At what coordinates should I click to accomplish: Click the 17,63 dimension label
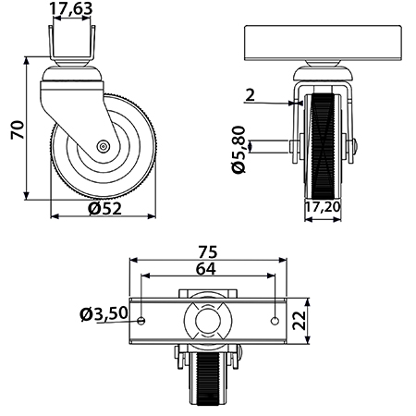click(x=71, y=8)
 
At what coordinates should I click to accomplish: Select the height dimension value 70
click(x=18, y=129)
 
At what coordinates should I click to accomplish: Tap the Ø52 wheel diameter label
click(x=104, y=209)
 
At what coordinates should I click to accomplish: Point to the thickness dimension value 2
click(x=251, y=95)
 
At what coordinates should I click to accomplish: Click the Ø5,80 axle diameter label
click(x=239, y=150)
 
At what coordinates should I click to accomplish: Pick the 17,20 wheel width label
click(x=323, y=207)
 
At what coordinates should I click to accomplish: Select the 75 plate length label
click(x=208, y=252)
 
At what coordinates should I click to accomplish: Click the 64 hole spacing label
click(x=206, y=269)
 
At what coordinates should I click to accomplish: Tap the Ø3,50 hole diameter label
click(x=104, y=314)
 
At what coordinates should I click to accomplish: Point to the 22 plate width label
click(x=300, y=321)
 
